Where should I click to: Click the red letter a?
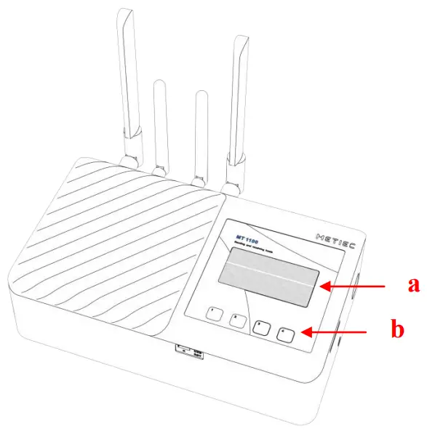(x=412, y=285)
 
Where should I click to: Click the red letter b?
(x=397, y=330)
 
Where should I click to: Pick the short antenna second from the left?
(x=161, y=124)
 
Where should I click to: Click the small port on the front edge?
(x=188, y=352)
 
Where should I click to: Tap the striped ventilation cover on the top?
(x=116, y=247)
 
